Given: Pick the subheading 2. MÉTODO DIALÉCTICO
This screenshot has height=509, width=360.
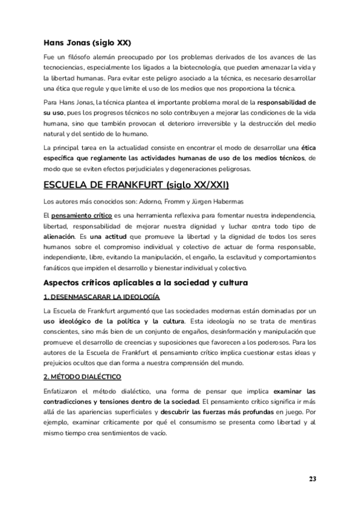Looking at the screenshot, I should pyautogui.click(x=83, y=376).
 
